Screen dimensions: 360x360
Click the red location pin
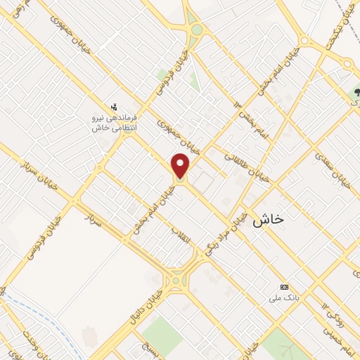[x=181, y=165]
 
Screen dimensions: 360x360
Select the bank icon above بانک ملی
[x=284, y=287]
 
